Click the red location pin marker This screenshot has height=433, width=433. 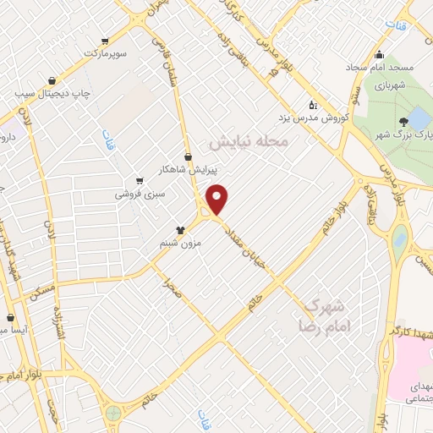coord(217,198)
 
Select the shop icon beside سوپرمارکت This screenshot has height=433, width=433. coord(105,40)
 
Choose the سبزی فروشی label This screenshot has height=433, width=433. coord(139,194)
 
